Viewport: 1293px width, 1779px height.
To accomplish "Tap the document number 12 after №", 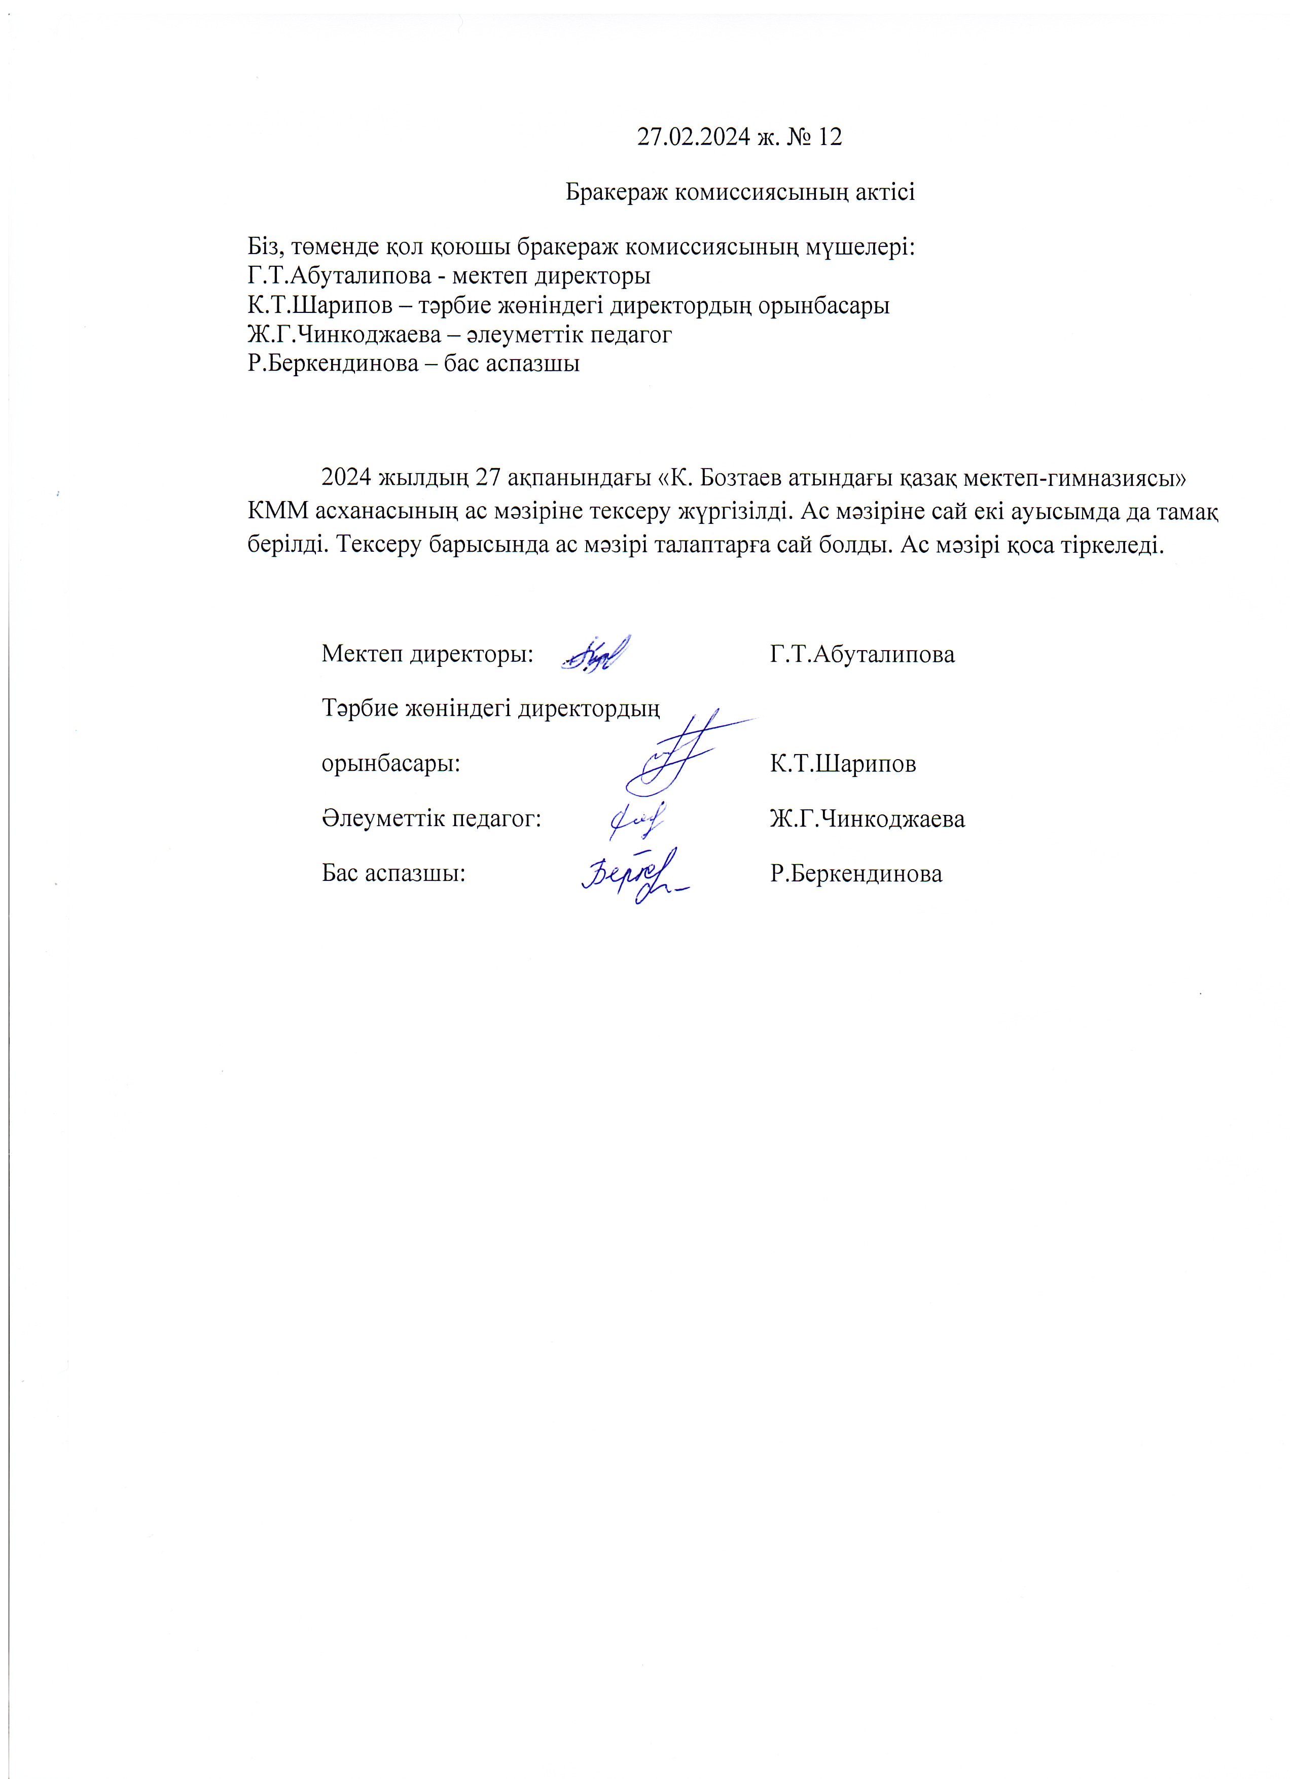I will [x=829, y=137].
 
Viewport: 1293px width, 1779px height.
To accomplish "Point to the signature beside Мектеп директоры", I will [x=595, y=653].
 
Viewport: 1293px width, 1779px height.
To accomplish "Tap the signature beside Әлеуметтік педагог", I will [x=637, y=820].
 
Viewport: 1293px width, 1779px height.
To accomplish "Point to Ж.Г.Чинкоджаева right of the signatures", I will [x=867, y=819].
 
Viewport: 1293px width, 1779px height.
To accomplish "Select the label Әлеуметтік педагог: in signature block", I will [x=432, y=819].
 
